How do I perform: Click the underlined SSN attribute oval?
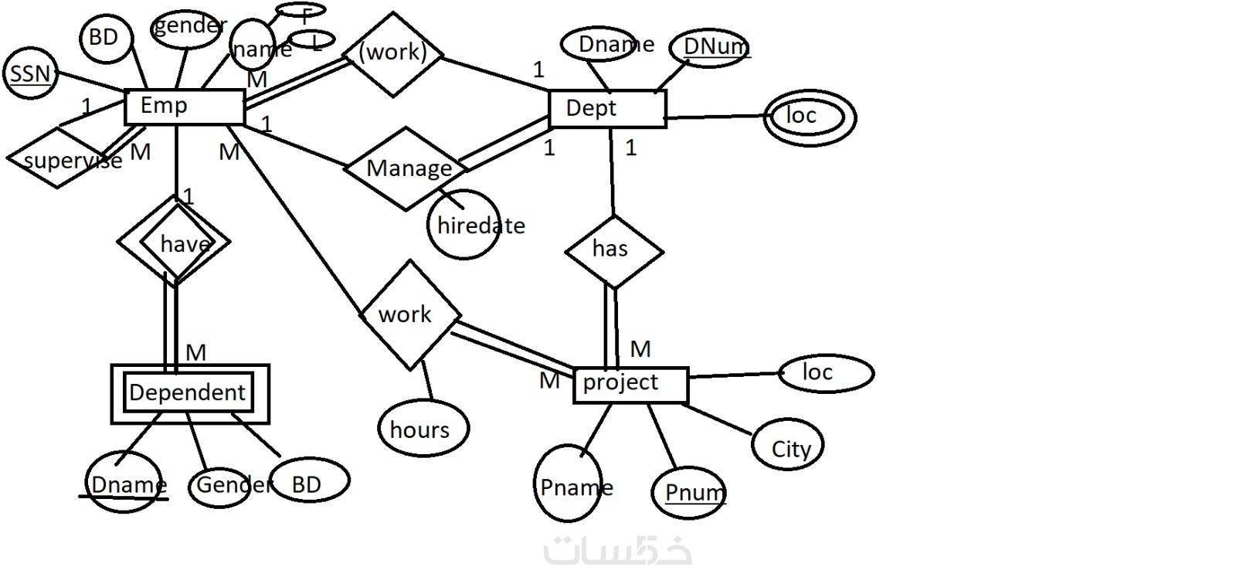[x=30, y=74]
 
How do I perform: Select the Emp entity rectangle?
[x=184, y=107]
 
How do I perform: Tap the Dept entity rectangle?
[x=606, y=109]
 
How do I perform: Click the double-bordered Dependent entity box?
[x=190, y=394]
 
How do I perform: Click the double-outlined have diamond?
[x=175, y=243]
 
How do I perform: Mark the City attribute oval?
[x=788, y=446]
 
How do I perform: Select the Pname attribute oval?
[x=569, y=485]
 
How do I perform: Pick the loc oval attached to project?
[x=825, y=372]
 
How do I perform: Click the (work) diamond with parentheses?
[x=393, y=53]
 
